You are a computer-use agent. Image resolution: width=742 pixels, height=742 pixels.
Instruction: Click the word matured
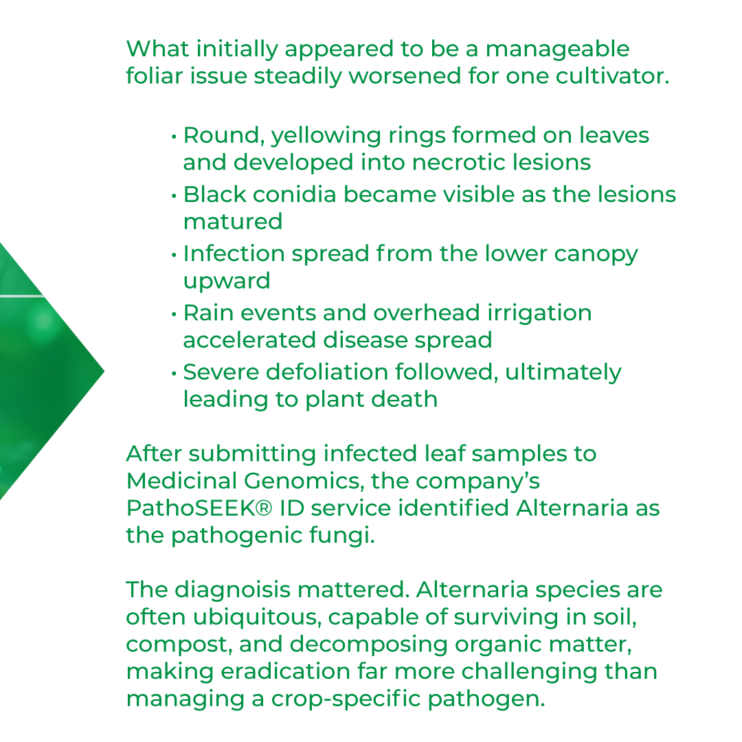coord(232,222)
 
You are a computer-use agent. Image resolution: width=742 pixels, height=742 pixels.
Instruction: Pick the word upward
coord(227,281)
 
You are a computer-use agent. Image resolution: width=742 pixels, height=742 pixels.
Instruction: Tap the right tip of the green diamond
coord(103,372)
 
